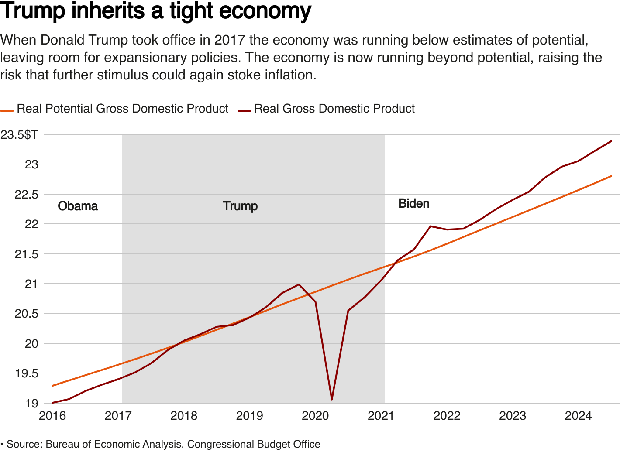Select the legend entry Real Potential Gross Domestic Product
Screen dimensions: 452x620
click(x=122, y=109)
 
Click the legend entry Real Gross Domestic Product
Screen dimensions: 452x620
click(x=334, y=109)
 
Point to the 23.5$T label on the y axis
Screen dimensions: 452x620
click(x=19, y=135)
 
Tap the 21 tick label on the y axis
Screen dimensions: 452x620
click(x=31, y=284)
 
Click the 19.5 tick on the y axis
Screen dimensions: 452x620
click(x=27, y=373)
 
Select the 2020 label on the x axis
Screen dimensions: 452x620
click(x=315, y=416)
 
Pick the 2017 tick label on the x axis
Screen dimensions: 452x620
click(x=118, y=416)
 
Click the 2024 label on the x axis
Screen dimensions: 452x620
click(x=578, y=416)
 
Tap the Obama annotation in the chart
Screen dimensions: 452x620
click(x=78, y=206)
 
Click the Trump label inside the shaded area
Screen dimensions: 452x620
click(x=240, y=206)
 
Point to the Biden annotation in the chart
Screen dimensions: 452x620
click(x=414, y=204)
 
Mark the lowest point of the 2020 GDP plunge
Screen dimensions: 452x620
click(x=332, y=399)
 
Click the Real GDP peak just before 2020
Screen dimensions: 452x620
click(x=299, y=284)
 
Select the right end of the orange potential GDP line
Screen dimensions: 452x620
click(x=611, y=176)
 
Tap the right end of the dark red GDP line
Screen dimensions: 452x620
click(x=611, y=141)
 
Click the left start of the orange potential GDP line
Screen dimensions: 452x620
click(x=52, y=386)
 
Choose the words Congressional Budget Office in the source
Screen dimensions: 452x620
click(x=254, y=444)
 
